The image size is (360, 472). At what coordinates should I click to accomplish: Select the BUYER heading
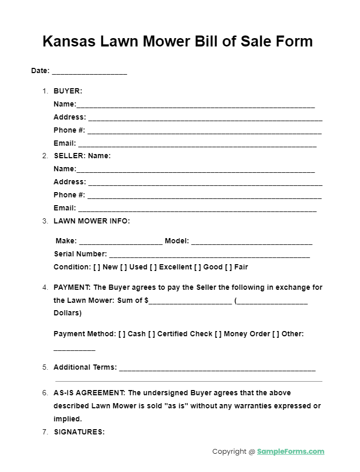68,91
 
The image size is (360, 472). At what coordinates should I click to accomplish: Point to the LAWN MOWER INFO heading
91,221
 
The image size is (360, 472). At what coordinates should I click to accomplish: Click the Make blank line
121,243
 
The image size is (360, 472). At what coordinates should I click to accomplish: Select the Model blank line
251,243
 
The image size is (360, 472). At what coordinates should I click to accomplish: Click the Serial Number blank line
209,256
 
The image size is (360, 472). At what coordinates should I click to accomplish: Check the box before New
97,267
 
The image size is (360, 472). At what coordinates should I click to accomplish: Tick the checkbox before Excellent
153,267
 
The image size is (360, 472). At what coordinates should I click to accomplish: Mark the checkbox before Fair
228,267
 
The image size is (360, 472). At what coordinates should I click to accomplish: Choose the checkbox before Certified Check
152,334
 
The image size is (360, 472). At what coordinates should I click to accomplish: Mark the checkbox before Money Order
218,334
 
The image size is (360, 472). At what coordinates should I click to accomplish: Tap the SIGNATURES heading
79,432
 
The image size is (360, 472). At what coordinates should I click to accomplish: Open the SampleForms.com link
291,452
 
